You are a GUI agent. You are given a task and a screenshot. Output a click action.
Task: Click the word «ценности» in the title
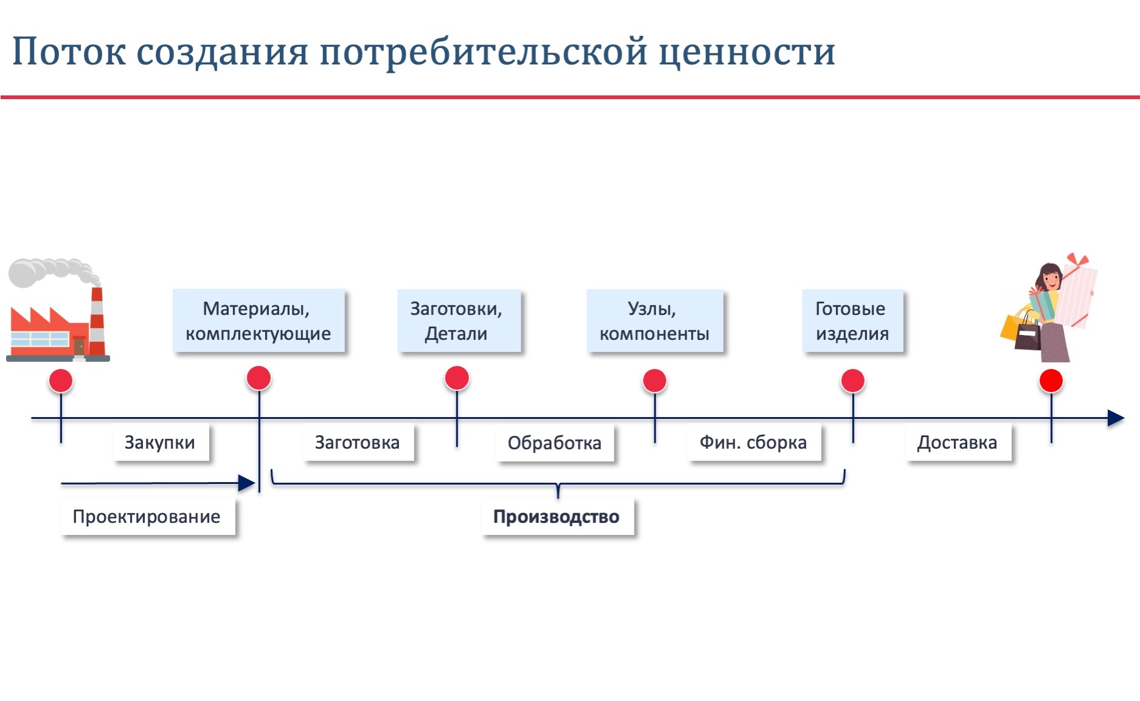(747, 52)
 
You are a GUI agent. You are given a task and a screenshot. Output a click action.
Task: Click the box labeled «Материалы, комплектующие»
(259, 320)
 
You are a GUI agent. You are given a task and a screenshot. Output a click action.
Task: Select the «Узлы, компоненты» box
(655, 320)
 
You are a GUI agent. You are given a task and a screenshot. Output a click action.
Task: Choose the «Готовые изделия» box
(852, 320)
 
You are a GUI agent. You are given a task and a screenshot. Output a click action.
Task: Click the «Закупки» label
(161, 442)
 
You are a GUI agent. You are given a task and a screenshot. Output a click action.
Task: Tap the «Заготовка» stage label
(358, 442)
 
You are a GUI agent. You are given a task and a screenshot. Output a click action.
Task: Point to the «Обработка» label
(555, 443)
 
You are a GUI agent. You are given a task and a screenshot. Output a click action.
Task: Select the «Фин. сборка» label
(754, 442)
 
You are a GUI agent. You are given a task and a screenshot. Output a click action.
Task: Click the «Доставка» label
(958, 442)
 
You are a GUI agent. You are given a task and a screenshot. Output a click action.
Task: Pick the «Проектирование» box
(147, 516)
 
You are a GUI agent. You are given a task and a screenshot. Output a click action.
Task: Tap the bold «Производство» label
(557, 517)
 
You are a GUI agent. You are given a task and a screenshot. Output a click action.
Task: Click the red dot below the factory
(61, 381)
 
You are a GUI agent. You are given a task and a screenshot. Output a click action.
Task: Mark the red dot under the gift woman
(1051, 381)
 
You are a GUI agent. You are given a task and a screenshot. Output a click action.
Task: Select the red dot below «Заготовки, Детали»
(457, 378)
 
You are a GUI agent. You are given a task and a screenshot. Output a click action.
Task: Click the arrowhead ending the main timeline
(1116, 418)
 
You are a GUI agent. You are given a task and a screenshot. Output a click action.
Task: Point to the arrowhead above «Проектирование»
(246, 483)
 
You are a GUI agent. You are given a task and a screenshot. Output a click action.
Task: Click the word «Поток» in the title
(69, 52)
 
